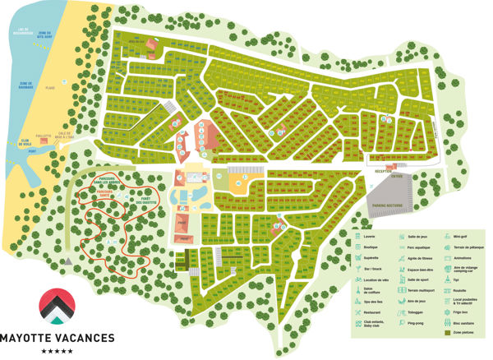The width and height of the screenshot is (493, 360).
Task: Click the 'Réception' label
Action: (383, 172)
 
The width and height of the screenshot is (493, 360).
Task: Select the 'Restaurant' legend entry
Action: (376, 312)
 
